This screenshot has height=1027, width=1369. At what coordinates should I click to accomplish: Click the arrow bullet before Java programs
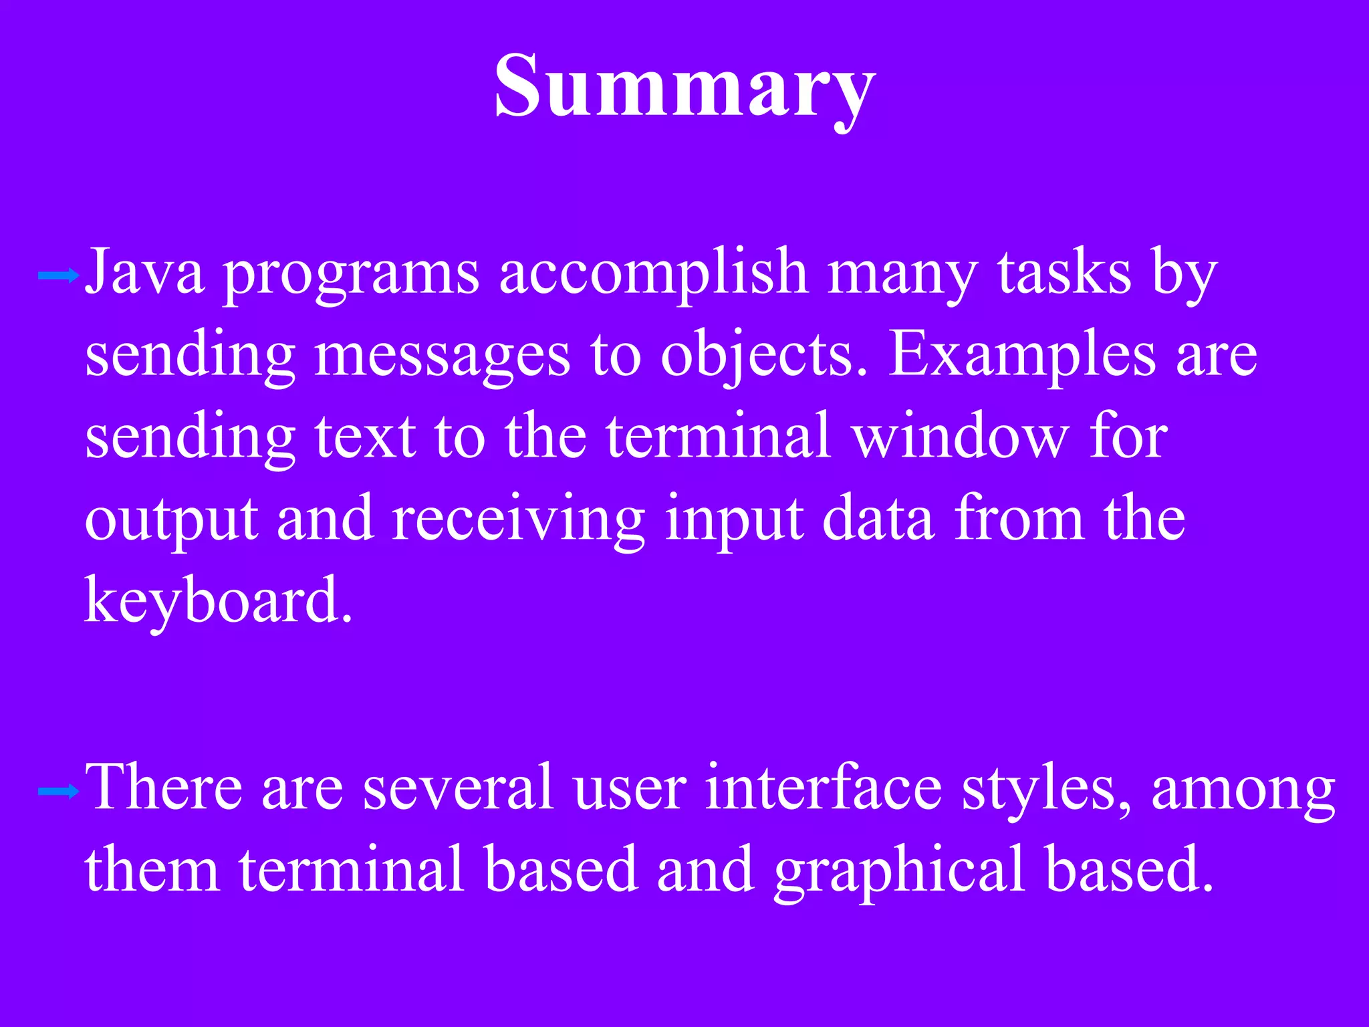click(59, 275)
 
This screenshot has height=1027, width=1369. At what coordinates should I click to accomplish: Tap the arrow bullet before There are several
click(59, 792)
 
